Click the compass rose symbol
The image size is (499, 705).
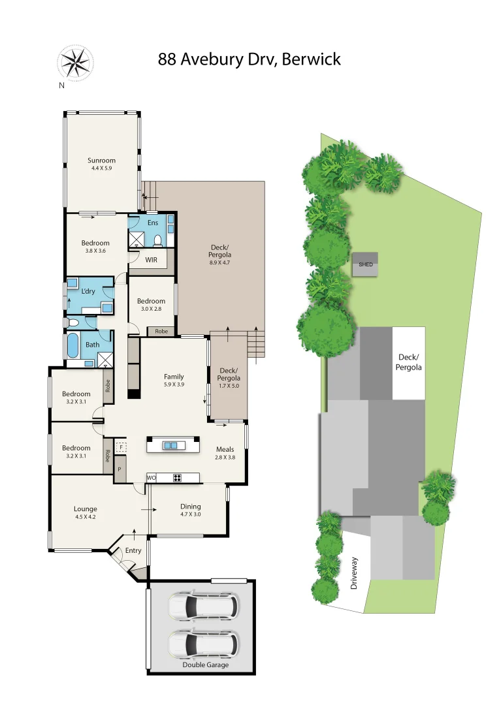74,63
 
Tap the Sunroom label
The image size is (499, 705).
102,161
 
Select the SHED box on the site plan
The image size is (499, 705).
366,265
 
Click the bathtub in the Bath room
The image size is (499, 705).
73,345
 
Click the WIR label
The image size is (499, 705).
152,260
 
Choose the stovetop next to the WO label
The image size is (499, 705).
177,477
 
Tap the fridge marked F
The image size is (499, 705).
120,447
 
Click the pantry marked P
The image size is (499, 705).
120,469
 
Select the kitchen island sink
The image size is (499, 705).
171,445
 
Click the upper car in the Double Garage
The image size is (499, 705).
202,606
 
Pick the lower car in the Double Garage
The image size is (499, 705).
202,645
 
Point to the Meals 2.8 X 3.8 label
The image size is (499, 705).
225,453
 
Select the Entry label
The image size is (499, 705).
133,550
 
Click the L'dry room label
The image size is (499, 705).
89,291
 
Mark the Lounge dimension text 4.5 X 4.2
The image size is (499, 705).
86,517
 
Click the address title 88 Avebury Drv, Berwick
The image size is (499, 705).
249,59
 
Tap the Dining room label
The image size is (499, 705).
191,507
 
